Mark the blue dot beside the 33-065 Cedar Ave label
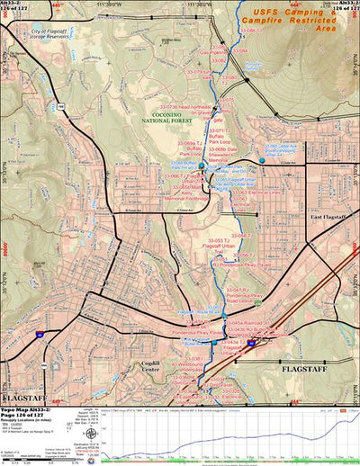(x=262, y=160)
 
